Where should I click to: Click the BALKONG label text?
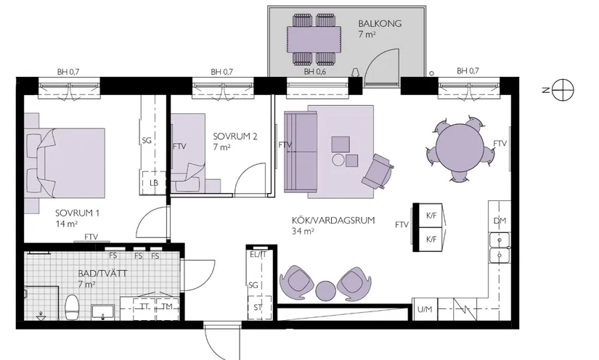[x=380, y=23]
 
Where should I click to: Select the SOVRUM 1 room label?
[x=76, y=214]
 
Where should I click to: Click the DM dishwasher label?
[x=499, y=221]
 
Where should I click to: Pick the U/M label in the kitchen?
[x=424, y=310]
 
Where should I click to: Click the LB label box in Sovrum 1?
[x=153, y=182]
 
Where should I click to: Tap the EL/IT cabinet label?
[x=258, y=255]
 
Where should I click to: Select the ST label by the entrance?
[x=257, y=307]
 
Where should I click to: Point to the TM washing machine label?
[x=168, y=307]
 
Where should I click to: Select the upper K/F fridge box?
[x=431, y=215]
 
